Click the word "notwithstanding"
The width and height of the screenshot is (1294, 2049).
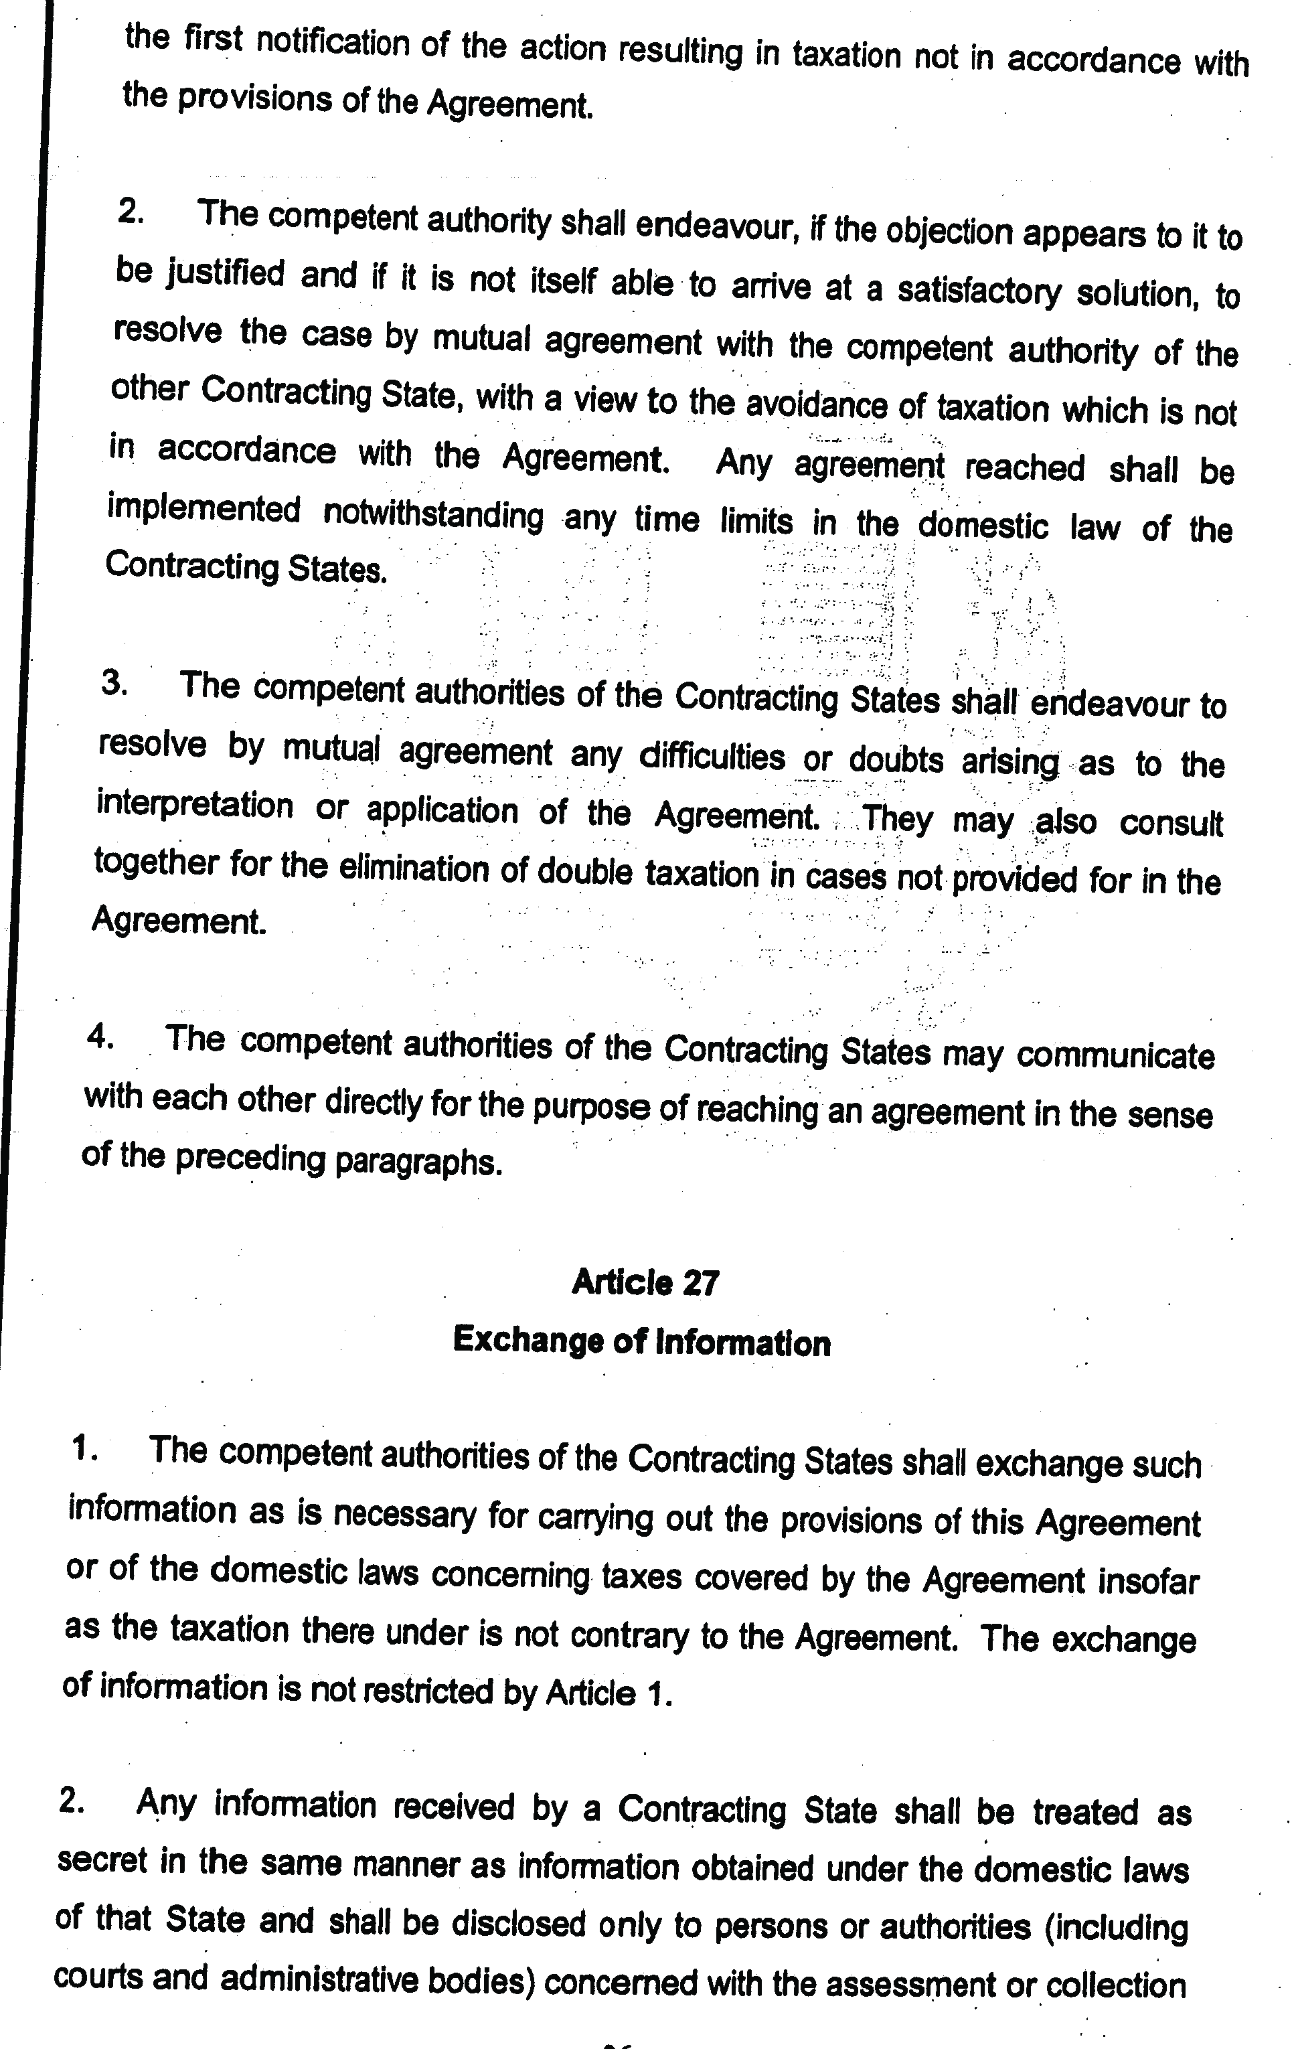click(433, 515)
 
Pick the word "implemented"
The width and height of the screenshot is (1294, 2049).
click(204, 510)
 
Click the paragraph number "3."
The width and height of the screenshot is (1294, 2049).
click(115, 682)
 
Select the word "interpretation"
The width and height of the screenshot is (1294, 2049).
click(195, 804)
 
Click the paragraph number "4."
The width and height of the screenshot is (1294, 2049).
click(101, 1037)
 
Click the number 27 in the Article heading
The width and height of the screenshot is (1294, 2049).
click(700, 1282)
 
